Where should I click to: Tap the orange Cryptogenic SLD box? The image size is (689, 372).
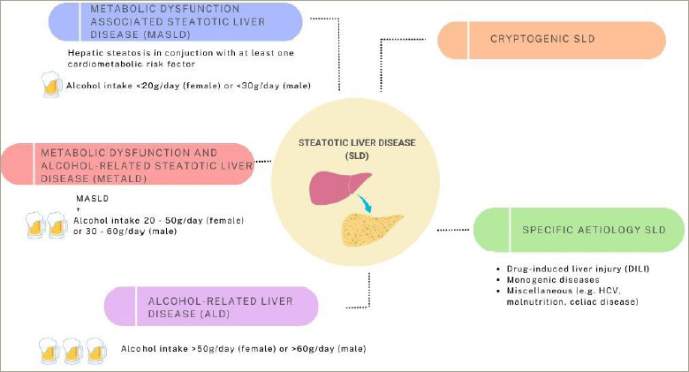coord(551,40)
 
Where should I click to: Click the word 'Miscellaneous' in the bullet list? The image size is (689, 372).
coord(539,291)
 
